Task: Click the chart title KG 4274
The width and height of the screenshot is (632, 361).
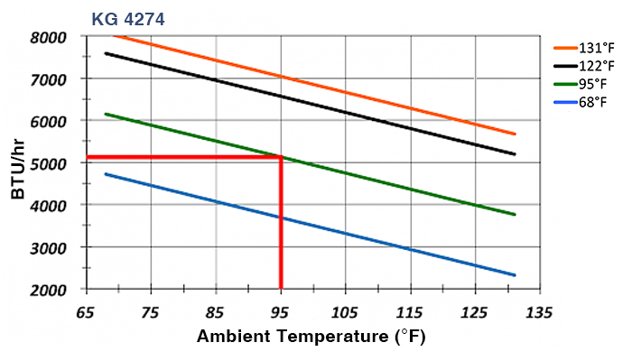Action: (x=127, y=17)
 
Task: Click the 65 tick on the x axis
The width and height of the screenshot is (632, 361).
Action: (x=86, y=312)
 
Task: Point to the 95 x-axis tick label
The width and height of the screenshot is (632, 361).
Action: (x=281, y=312)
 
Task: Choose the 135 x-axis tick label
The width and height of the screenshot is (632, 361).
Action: (x=540, y=312)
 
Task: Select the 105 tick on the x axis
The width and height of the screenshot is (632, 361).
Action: (x=346, y=312)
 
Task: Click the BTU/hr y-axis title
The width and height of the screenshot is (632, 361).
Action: (x=19, y=163)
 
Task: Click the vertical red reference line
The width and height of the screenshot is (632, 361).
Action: (x=281, y=226)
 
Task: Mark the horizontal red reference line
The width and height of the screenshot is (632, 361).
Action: (x=181, y=158)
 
